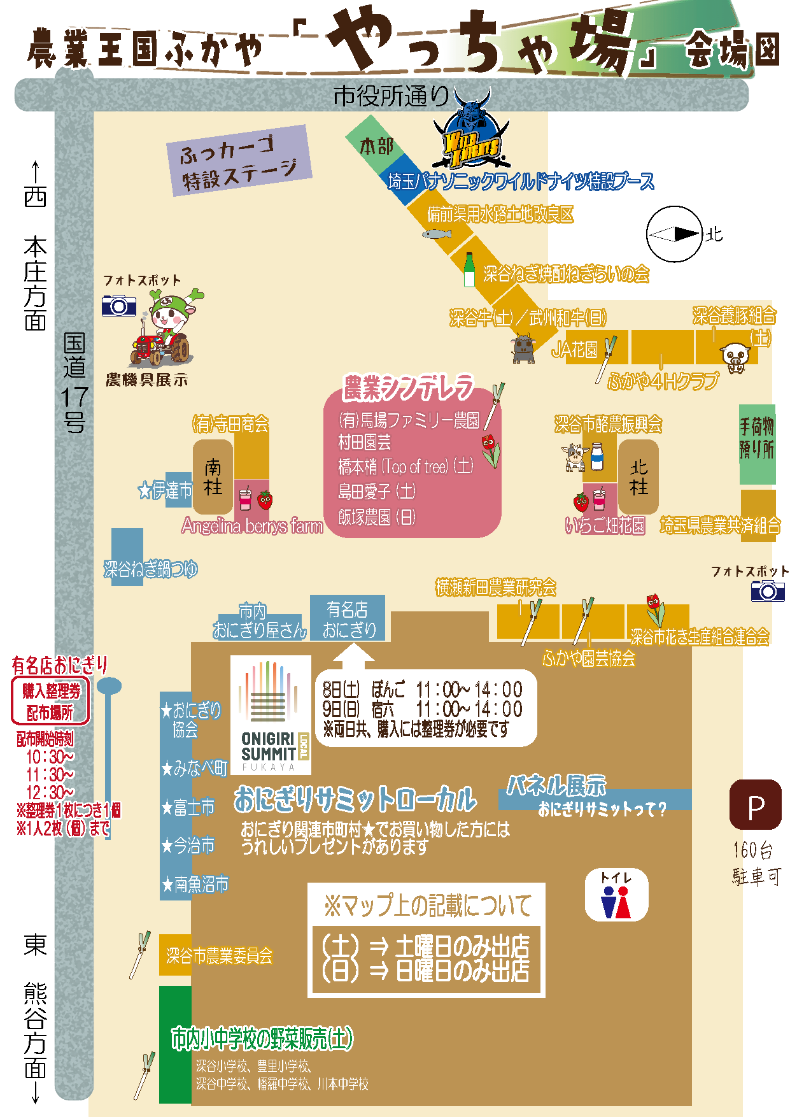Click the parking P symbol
point(755,805)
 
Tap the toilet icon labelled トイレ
point(616,895)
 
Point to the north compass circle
point(674,234)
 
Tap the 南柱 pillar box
point(213,476)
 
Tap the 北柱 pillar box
point(638,476)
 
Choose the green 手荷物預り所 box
point(757,444)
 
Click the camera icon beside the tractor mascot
point(119,306)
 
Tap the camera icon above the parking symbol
point(768,591)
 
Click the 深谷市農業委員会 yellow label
point(218,955)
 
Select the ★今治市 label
point(188,846)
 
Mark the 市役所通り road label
point(391,96)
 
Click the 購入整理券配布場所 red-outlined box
point(50,701)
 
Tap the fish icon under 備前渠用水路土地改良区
point(437,234)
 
